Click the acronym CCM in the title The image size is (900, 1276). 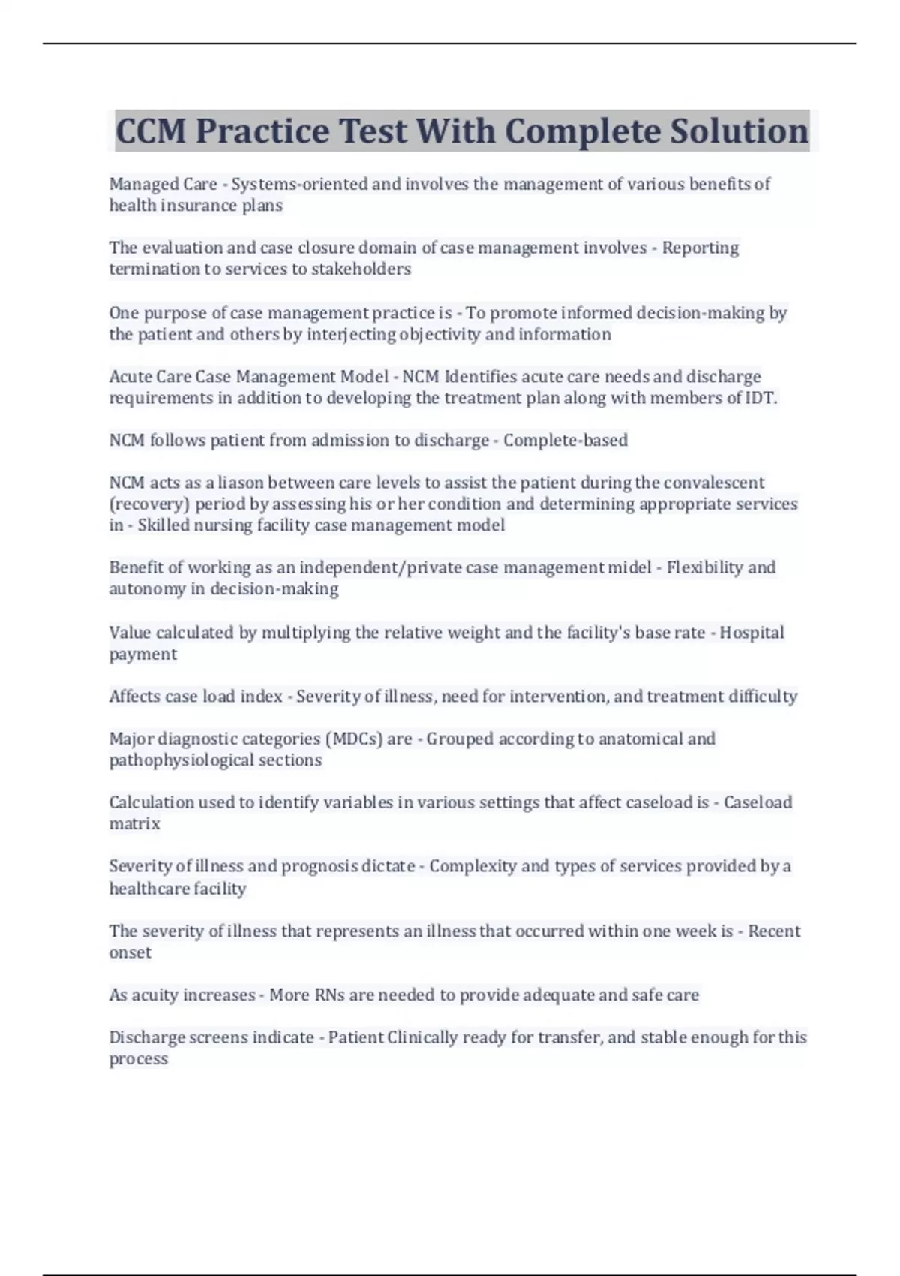[150, 131]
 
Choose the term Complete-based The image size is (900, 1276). [565, 440]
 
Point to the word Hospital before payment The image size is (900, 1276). [751, 633]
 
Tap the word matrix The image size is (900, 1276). [134, 824]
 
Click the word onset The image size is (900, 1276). [130, 952]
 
